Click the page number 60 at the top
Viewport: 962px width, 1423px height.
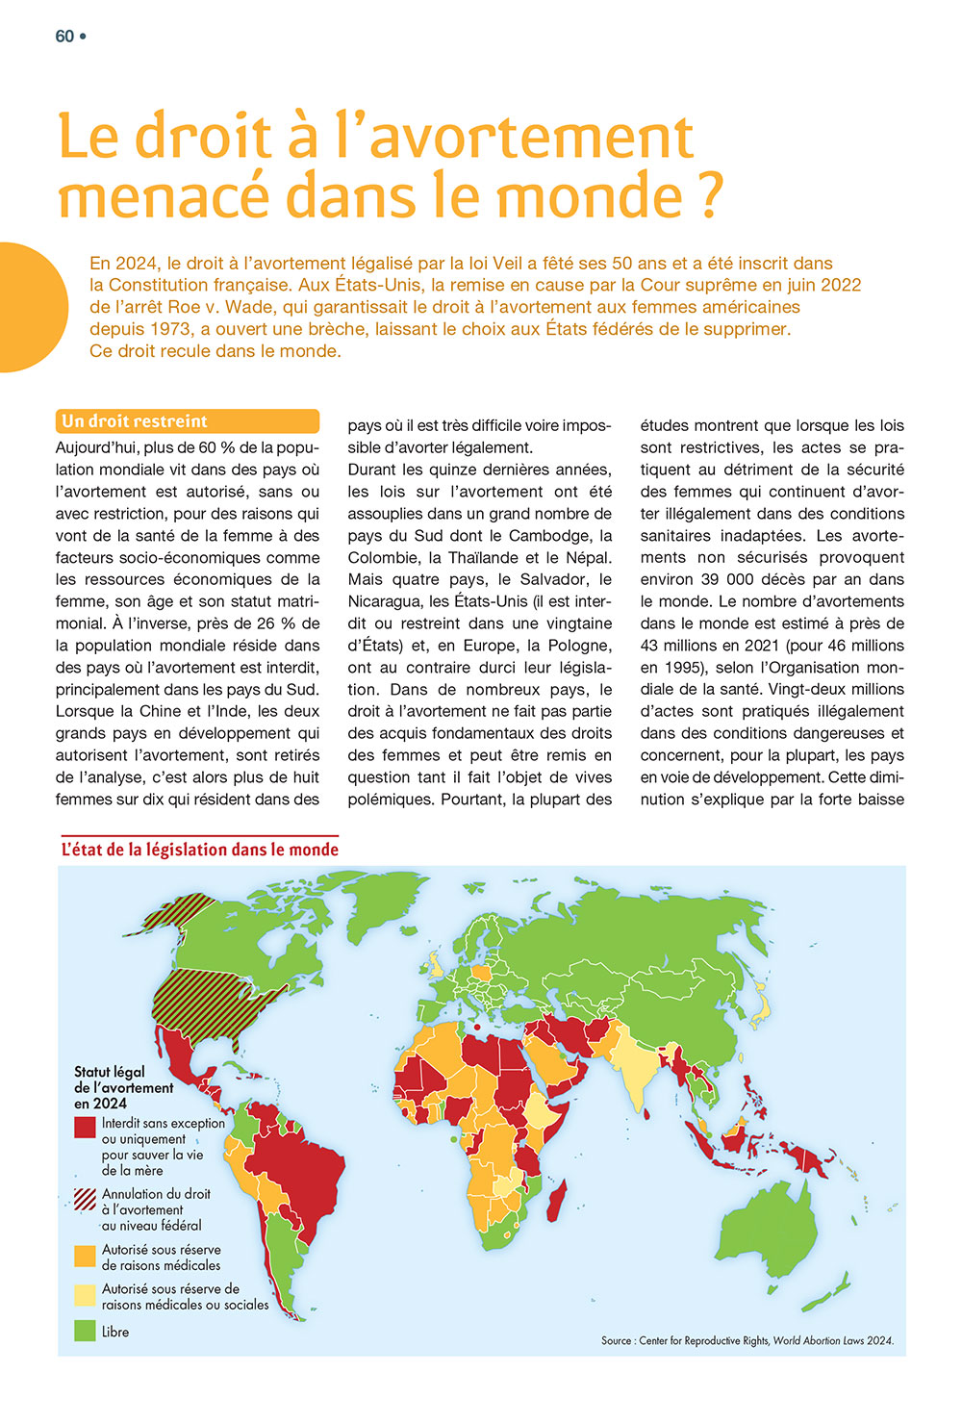(64, 37)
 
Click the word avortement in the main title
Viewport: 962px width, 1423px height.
(530, 137)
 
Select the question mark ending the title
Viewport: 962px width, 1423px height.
(709, 196)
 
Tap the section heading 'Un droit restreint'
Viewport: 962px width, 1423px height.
(135, 421)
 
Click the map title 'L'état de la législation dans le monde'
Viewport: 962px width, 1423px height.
(200, 850)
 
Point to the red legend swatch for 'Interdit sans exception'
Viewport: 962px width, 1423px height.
(85, 1126)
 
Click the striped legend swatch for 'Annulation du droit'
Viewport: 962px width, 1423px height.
(85, 1199)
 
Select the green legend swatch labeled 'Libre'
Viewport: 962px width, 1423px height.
(85, 1332)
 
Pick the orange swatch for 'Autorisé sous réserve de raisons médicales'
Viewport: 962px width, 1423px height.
(85, 1256)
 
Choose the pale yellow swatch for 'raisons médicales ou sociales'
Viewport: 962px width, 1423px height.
(85, 1294)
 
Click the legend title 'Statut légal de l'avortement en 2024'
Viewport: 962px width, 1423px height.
(123, 1087)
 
